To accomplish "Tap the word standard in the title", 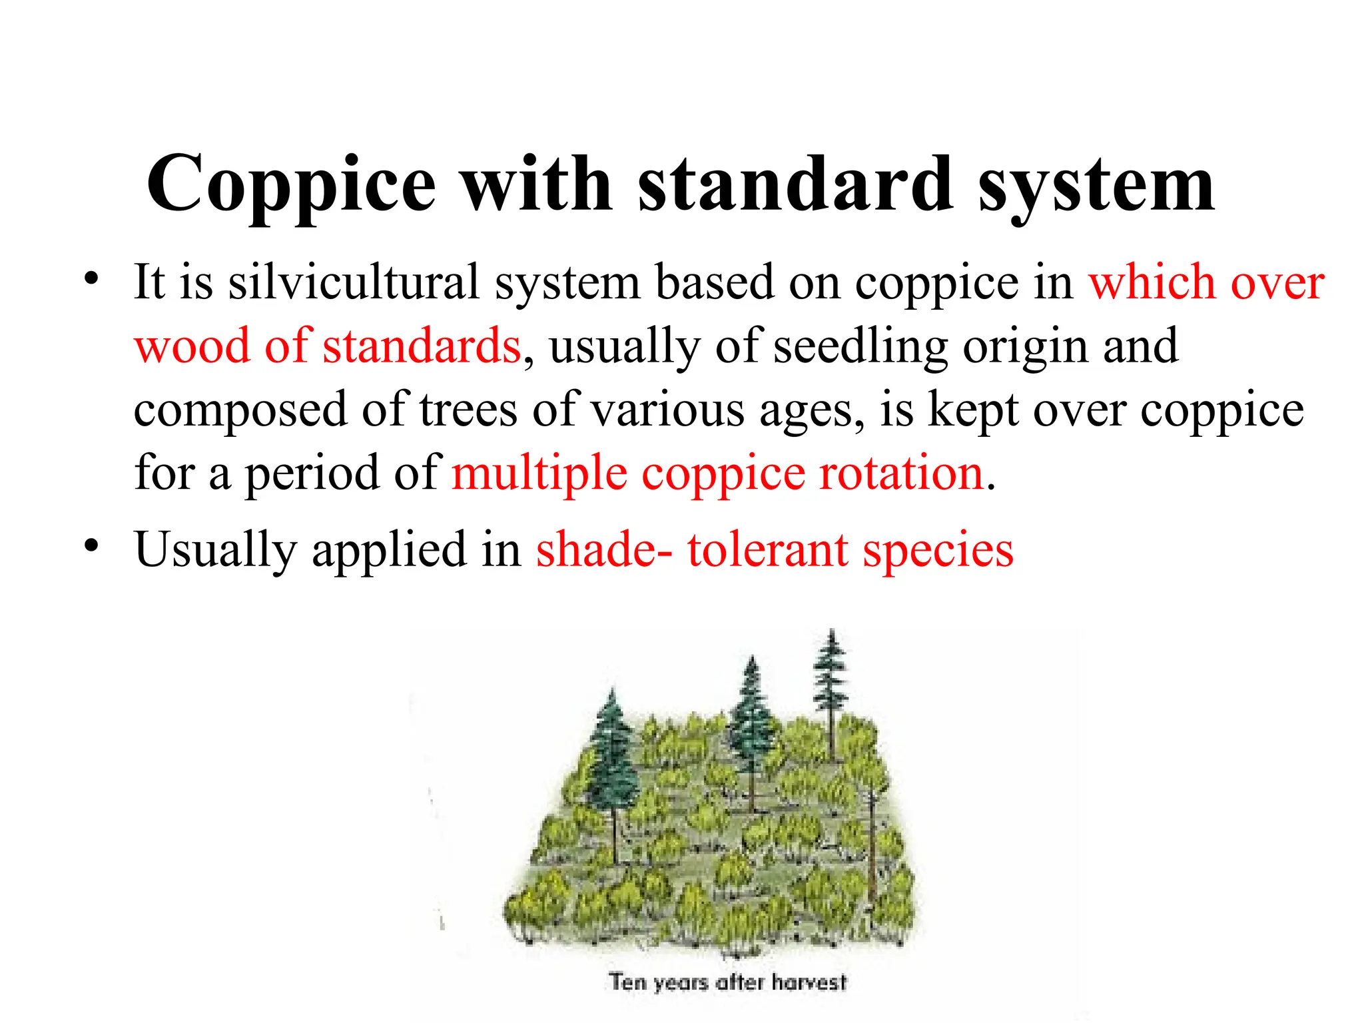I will (x=795, y=184).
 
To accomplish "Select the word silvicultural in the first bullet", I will (x=354, y=282).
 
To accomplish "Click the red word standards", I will (x=422, y=346).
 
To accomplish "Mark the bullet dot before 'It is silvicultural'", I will (x=91, y=277).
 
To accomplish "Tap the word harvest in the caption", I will (x=809, y=982).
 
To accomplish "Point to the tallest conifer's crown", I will (x=831, y=673).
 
